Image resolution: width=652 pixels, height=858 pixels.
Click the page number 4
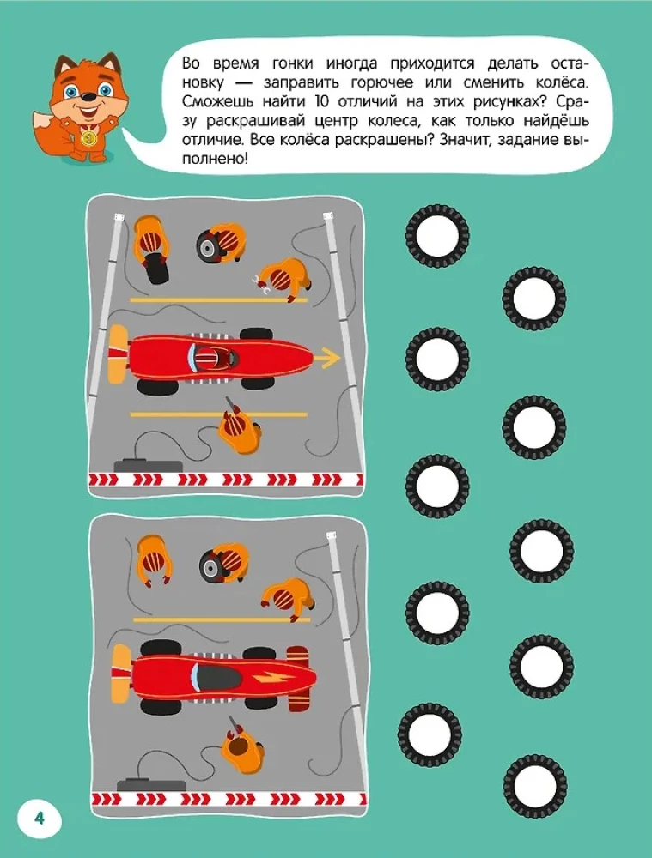tap(39, 819)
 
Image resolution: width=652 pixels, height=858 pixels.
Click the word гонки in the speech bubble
tap(292, 63)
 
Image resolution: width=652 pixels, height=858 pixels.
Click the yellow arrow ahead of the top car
tap(326, 358)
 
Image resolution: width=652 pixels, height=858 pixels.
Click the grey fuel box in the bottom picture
tap(150, 783)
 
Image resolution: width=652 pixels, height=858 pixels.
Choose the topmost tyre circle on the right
tap(436, 236)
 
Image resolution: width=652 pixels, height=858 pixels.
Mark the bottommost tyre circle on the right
tap(535, 786)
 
